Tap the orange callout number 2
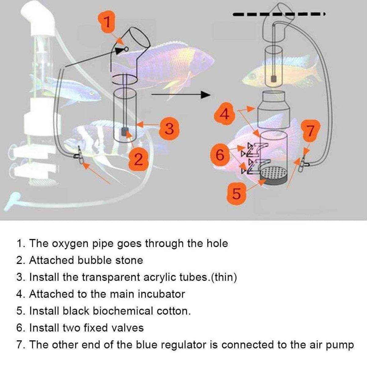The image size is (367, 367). point(139,159)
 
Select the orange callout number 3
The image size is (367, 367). point(169,128)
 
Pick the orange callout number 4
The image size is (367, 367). point(225,115)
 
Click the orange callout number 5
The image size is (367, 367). point(236,193)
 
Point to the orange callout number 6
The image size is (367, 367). point(220,155)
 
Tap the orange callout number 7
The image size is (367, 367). point(310,131)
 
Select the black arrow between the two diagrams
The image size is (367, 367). point(180,95)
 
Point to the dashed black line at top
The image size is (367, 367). point(278,14)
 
